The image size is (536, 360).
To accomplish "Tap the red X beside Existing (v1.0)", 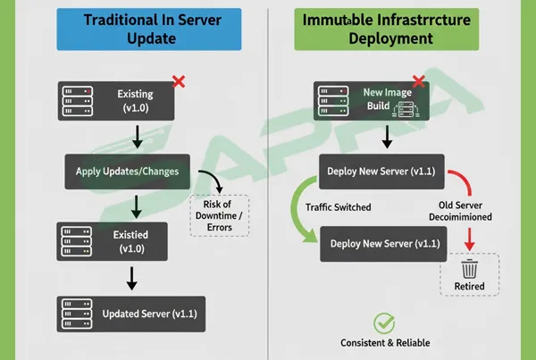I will tap(178, 82).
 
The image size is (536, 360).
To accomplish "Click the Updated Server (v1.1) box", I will tap(131, 314).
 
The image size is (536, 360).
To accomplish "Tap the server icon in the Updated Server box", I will tap(77, 314).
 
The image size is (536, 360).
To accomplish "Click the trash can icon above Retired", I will tap(469, 267).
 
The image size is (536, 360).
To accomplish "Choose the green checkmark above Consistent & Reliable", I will tap(383, 323).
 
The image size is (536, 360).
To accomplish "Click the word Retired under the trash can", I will tap(469, 287).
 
